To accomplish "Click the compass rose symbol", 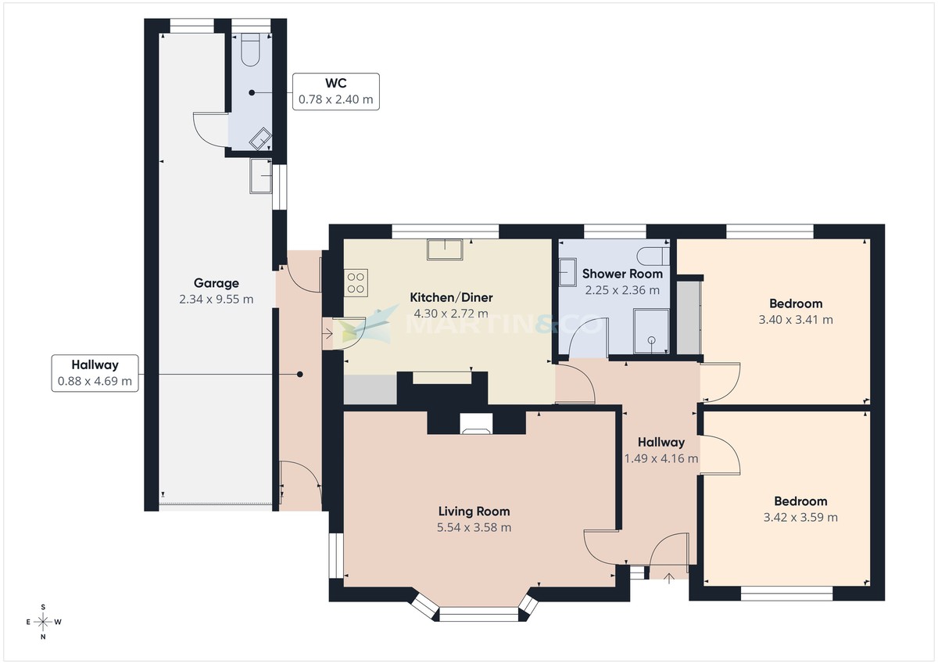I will tap(44, 622).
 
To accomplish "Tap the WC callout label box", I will tap(335, 92).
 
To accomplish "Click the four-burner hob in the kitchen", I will tap(356, 282).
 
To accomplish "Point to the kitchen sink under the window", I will tap(445, 249).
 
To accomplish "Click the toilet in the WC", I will tap(251, 50).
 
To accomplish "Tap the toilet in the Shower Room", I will tap(652, 257).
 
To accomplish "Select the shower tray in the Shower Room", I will tap(650, 329).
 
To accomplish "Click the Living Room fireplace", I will tap(476, 424).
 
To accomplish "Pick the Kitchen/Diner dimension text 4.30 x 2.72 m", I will tap(451, 314).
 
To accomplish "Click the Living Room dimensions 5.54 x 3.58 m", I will tap(474, 527).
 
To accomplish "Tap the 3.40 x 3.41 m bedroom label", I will tap(796, 319).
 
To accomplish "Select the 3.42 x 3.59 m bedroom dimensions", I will tap(800, 517).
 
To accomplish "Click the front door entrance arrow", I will tap(669, 579).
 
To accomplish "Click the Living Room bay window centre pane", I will tap(479, 615).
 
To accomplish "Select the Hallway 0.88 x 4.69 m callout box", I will tap(95, 373).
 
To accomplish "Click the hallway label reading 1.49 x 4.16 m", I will tap(661, 459).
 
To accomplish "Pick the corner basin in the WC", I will tap(260, 140).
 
